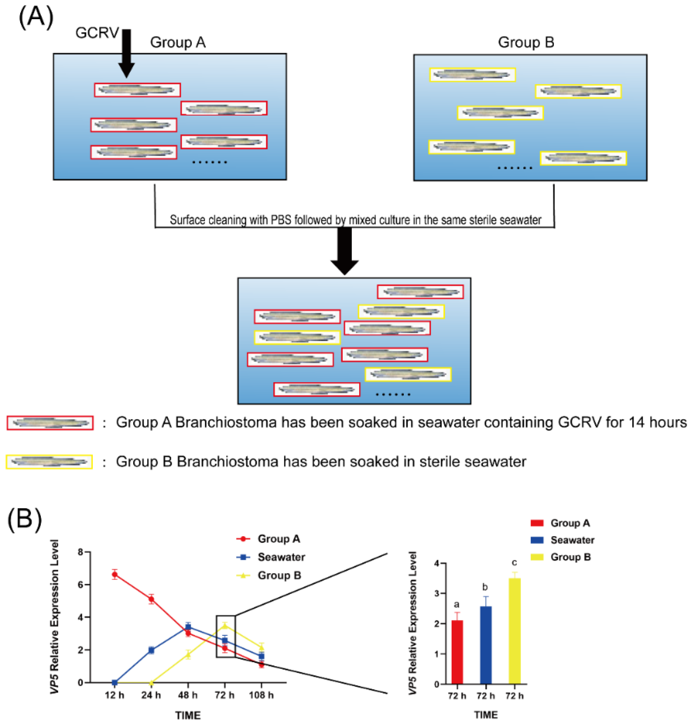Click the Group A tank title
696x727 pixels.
178,42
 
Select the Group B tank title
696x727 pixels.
526,42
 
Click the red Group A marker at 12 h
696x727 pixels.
115,575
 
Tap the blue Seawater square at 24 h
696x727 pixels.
151,650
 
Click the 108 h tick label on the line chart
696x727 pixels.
261,695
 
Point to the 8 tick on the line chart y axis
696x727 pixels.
80,552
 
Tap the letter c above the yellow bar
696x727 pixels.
514,563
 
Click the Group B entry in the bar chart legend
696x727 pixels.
570,557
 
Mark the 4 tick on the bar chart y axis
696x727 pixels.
437,563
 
